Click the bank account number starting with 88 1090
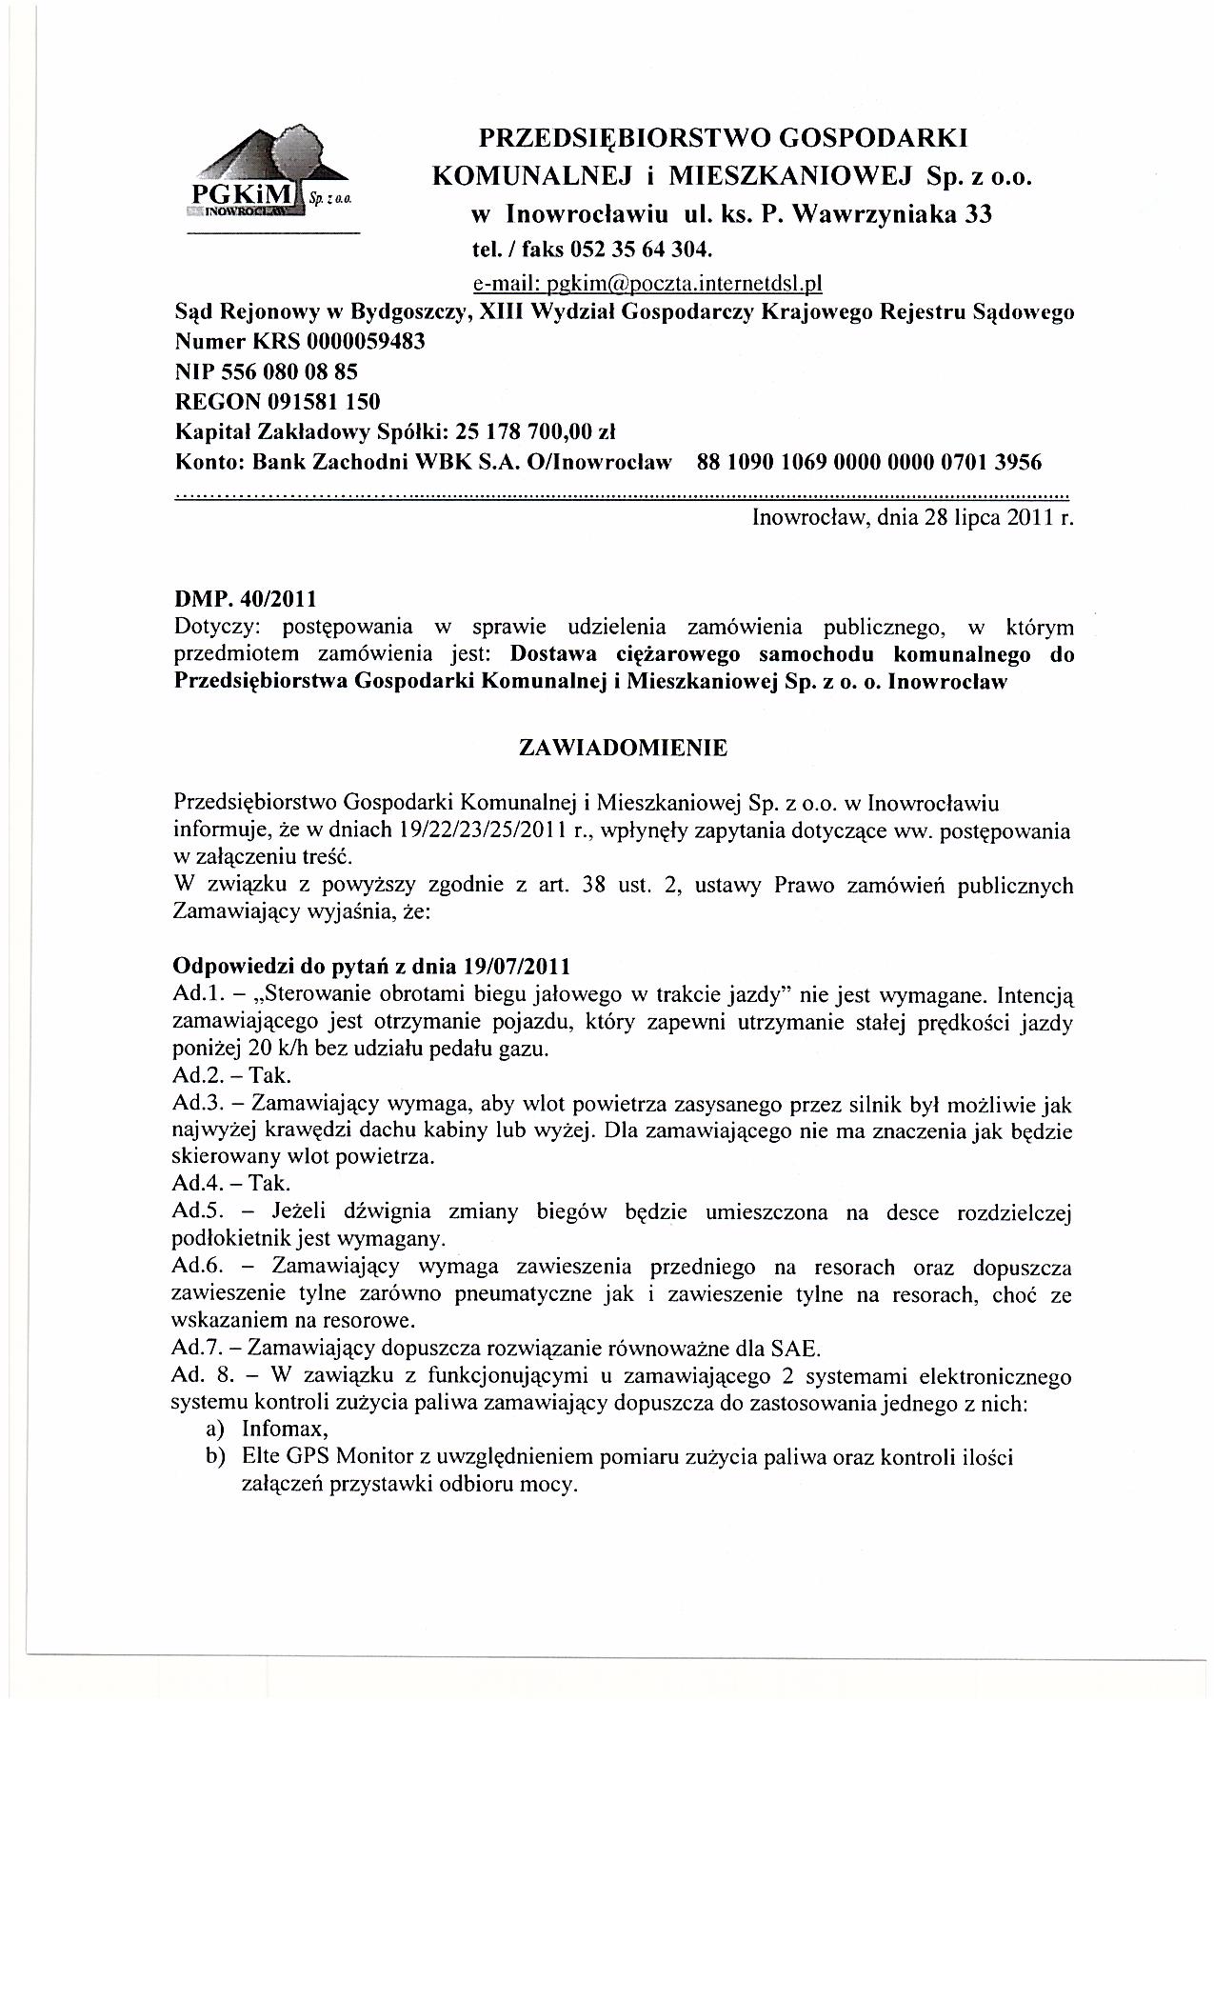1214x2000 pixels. (869, 462)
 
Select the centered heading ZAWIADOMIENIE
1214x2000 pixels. (623, 748)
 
